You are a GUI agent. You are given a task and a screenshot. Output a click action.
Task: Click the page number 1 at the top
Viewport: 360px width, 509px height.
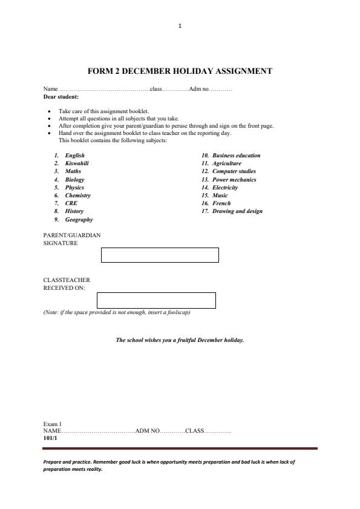point(180,25)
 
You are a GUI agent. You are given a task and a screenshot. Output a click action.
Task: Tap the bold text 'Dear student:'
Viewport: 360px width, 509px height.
point(61,97)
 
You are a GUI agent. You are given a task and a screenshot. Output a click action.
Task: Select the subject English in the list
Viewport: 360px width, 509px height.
point(75,156)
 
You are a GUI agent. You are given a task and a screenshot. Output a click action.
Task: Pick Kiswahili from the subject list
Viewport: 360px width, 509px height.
point(77,163)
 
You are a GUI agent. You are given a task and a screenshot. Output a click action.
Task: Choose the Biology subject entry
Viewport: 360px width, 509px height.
point(75,180)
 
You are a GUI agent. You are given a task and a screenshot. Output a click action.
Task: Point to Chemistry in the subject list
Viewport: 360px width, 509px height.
point(78,195)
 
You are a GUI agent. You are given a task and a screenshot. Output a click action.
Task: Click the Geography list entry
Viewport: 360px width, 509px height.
point(79,220)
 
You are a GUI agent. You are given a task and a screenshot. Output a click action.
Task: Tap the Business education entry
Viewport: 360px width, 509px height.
point(236,156)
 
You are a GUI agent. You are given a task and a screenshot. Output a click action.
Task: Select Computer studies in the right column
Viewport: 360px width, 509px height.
point(234,171)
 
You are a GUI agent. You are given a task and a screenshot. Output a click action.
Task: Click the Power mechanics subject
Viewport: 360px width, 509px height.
point(234,180)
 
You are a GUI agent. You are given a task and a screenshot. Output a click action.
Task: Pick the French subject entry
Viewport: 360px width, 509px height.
point(221,203)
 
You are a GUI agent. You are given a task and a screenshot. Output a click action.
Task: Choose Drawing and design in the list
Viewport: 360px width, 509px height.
point(237,211)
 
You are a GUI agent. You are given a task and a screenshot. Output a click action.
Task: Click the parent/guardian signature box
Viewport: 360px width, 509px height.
point(160,255)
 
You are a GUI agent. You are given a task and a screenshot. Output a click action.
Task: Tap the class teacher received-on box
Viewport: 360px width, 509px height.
point(156,300)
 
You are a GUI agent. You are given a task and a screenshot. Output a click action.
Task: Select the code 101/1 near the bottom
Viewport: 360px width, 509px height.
point(50,438)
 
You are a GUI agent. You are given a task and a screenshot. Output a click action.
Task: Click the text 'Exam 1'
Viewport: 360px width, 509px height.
point(53,424)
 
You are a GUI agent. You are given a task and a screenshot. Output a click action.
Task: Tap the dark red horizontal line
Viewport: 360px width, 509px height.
point(180,448)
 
